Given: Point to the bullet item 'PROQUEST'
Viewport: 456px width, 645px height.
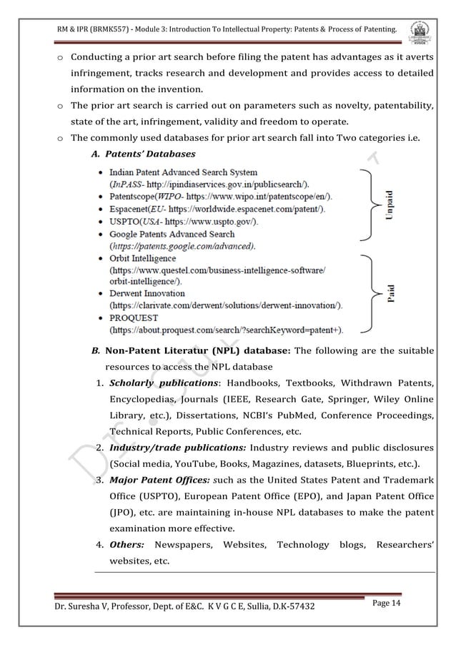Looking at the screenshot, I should [x=134, y=317].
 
